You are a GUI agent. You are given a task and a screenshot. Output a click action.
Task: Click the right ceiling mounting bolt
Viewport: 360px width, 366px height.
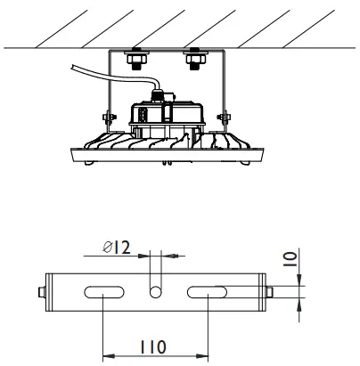pyautogui.click(x=193, y=60)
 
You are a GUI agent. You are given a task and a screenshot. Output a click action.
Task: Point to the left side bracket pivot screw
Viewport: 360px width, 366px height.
pyautogui.click(x=107, y=118)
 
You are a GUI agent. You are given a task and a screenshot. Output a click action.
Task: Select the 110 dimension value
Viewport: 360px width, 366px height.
pyautogui.click(x=153, y=345)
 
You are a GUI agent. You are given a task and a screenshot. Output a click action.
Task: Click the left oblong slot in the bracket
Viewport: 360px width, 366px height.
pyautogui.click(x=104, y=291)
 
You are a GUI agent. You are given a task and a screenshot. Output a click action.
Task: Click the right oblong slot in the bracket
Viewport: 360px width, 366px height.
pyautogui.click(x=207, y=291)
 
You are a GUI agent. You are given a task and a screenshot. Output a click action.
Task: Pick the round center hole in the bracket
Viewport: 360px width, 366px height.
pyautogui.click(x=156, y=291)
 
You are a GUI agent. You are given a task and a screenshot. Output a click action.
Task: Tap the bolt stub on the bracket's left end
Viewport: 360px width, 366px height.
pyautogui.click(x=43, y=291)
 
